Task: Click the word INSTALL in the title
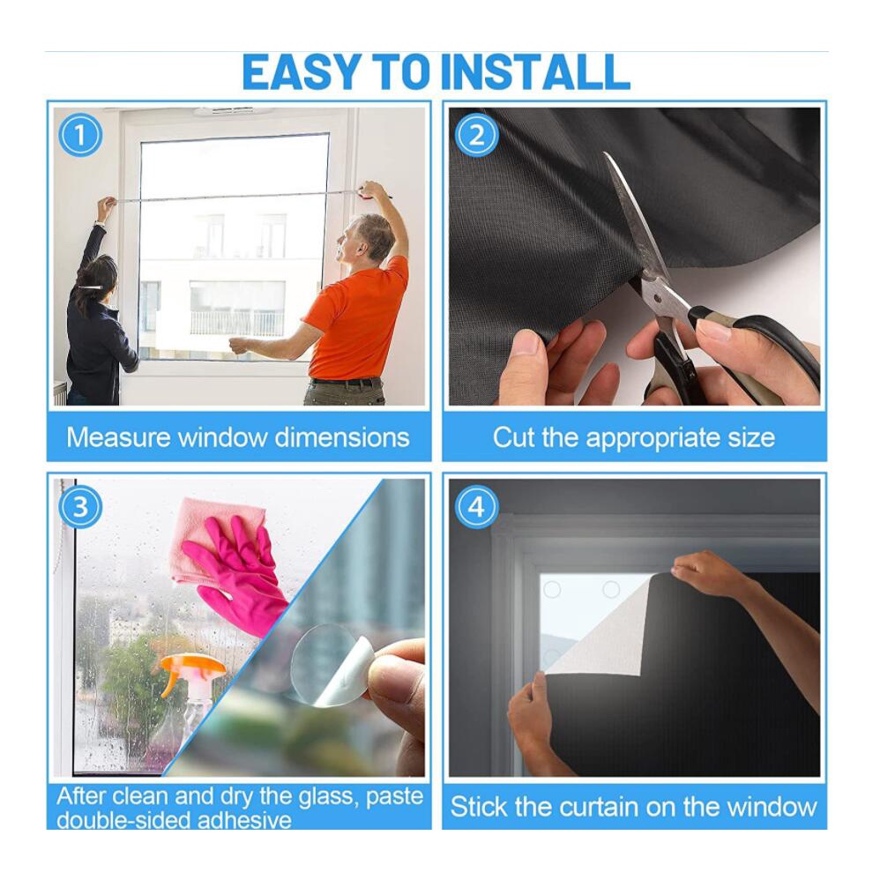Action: (535, 71)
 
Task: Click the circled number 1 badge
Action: (80, 135)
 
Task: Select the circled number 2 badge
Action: (476, 135)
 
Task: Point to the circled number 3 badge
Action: (80, 507)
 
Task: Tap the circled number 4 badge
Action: (476, 507)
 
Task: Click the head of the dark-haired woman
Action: (97, 278)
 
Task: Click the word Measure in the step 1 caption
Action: (118, 437)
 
